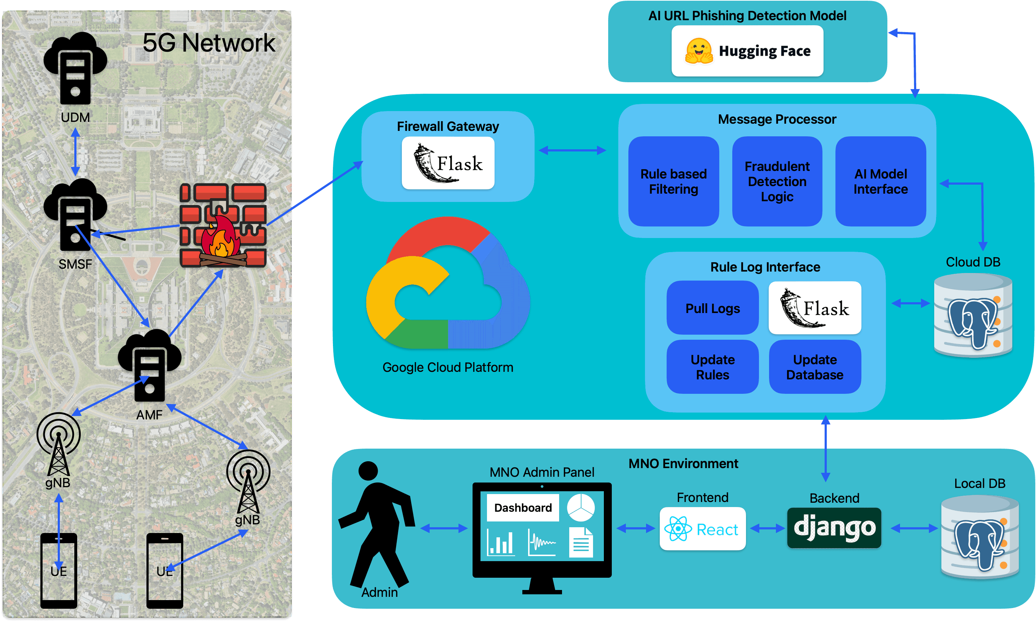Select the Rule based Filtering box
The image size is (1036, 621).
tap(673, 181)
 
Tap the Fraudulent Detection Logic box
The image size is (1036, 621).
tap(777, 181)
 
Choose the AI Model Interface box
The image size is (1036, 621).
tap(880, 181)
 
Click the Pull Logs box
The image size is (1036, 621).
tap(712, 308)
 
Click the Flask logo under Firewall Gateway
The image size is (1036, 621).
tap(448, 163)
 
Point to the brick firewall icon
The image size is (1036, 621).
tap(223, 225)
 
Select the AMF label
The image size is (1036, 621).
tap(149, 415)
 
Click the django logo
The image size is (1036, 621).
tap(834, 528)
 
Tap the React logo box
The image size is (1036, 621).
tap(702, 529)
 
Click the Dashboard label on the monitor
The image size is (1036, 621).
tap(523, 508)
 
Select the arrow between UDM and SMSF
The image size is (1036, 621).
tap(75, 151)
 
